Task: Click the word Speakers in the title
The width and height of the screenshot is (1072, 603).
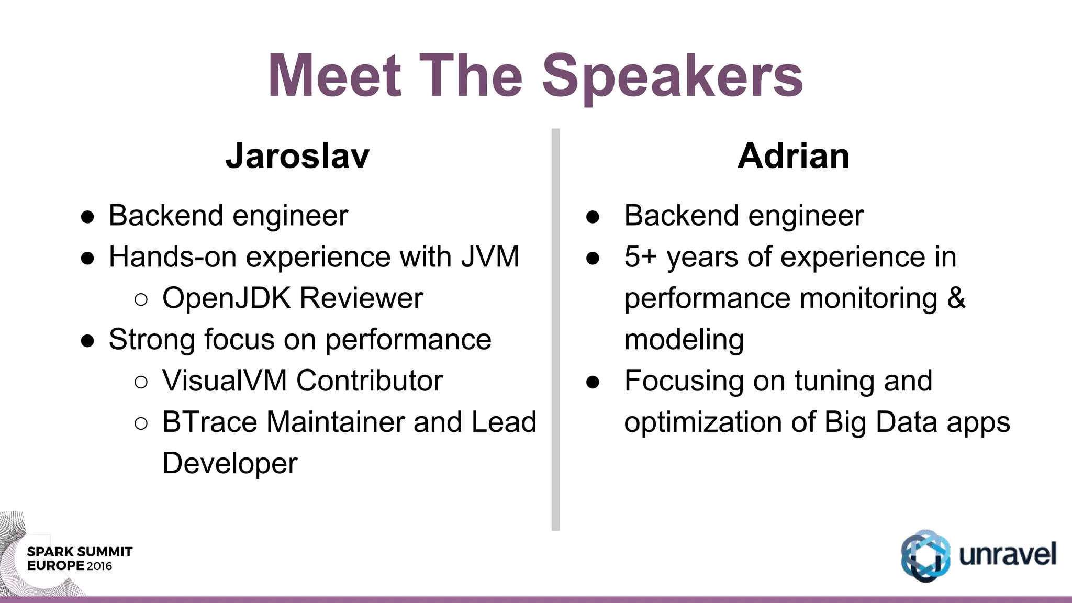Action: pos(672,77)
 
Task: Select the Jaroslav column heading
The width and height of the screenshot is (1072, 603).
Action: pos(297,156)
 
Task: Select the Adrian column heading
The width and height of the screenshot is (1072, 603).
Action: pos(793,156)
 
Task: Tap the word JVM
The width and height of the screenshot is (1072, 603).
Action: pos(490,257)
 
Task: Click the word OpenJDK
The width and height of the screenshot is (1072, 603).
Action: pos(226,298)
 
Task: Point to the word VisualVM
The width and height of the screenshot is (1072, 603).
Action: pos(224,381)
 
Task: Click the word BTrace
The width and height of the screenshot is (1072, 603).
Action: pos(209,422)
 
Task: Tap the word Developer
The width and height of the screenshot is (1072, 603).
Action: pos(230,464)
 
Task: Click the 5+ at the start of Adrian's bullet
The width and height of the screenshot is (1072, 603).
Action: pos(641,257)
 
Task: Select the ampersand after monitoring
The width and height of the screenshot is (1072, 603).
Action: pos(956,298)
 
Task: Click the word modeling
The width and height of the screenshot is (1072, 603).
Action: pos(684,340)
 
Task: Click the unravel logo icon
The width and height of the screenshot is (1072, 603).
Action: pos(925,556)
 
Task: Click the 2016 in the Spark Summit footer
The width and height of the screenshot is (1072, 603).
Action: pos(99,566)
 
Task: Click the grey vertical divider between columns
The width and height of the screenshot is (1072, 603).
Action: pos(555,330)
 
